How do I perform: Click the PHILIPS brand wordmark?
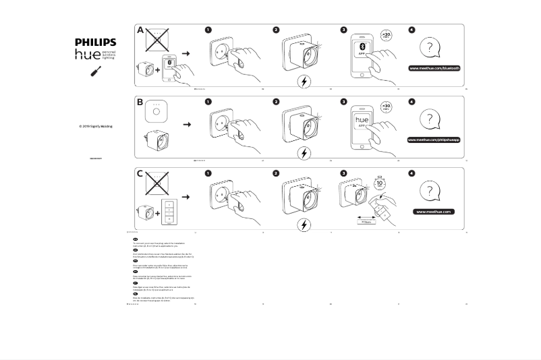pos(95,42)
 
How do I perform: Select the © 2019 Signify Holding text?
pos(95,126)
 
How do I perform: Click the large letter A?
pos(140,30)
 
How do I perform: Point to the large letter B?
pos(140,102)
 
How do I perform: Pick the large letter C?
pos(140,174)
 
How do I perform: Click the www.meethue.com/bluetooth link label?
pos(434,68)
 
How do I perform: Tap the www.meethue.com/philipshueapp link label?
pos(434,140)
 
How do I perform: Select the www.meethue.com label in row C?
pos(434,211)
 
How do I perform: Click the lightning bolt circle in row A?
pos(304,82)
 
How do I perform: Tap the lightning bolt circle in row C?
pos(304,224)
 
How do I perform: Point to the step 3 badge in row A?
pos(344,30)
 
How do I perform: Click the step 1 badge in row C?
pos(208,173)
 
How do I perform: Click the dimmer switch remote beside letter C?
pos(169,213)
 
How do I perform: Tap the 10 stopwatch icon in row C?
pos(380,183)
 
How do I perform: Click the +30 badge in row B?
pos(386,107)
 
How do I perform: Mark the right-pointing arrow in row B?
pos(187,124)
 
